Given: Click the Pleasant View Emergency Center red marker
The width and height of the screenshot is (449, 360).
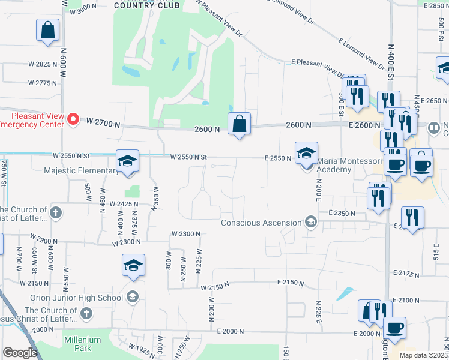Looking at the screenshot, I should pyautogui.click(x=74, y=119).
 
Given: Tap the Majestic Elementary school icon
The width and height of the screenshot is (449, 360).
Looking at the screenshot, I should pyautogui.click(x=127, y=161).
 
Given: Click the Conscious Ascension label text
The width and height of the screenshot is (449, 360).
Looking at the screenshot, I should pyautogui.click(x=261, y=223).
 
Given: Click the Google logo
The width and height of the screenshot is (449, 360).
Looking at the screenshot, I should pyautogui.click(x=20, y=353).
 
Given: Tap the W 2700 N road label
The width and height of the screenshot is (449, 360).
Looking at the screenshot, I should pyautogui.click(x=103, y=122).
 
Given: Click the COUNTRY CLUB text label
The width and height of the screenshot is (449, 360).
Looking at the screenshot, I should pyautogui.click(x=146, y=5).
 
